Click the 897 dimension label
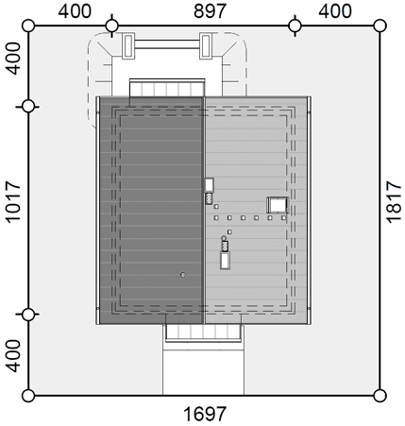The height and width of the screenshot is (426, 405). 210,11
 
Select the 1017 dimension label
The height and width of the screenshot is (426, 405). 13,201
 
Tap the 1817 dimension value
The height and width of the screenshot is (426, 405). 394,201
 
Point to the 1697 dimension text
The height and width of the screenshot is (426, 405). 205,414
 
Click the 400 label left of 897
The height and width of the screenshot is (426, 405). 75,11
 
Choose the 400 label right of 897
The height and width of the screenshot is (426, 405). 335,11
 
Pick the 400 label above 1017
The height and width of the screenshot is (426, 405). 13,59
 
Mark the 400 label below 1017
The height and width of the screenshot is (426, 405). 13,355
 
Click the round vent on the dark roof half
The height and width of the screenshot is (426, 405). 183,275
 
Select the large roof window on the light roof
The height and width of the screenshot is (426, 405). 278,205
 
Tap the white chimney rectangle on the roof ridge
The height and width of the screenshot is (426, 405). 209,185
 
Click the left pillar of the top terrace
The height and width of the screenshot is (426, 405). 128,45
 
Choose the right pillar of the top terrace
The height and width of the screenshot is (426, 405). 206,45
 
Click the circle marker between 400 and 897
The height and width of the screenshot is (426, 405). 111,26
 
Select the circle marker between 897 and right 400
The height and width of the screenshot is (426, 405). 295,26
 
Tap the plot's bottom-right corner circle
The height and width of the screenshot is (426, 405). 380,396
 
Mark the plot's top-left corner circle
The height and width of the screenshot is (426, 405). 28,26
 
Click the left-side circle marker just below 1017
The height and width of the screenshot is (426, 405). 28,315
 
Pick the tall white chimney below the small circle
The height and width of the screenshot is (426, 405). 225,261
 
